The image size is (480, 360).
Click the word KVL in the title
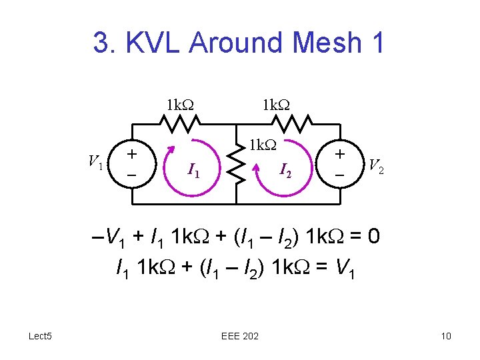click(157, 43)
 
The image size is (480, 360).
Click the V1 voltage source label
click(95, 161)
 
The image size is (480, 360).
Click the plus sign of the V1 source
click(133, 153)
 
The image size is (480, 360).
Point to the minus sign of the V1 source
click(132, 174)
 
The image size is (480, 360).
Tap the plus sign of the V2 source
click(341, 153)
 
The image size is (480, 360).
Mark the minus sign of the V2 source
click(340, 175)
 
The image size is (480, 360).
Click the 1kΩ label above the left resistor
click(179, 105)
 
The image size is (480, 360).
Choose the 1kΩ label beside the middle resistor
click(262, 145)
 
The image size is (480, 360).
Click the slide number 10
click(445, 336)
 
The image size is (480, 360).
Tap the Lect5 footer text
click(40, 335)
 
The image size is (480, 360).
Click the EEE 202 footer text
click(240, 336)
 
